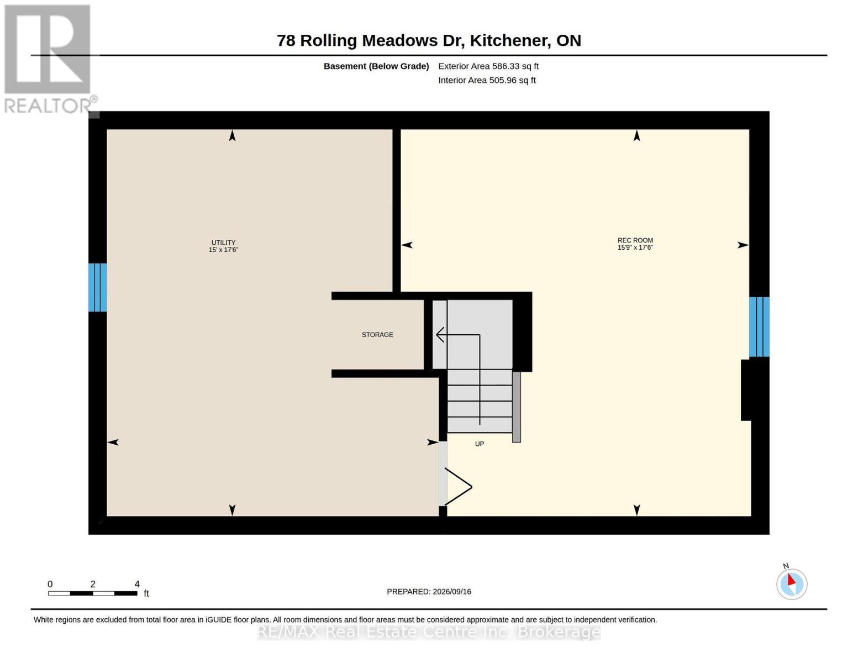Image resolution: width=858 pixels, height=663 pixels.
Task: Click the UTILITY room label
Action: point(223,243)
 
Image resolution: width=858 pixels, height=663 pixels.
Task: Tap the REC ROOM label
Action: point(635,240)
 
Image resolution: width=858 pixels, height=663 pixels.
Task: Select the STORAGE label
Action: point(377,334)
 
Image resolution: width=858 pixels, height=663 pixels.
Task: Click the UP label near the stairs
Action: point(480,444)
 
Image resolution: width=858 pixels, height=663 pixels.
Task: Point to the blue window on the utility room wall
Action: point(98,287)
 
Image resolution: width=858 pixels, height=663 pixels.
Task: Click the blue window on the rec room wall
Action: point(759,327)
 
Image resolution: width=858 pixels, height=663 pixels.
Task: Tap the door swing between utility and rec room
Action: point(458,487)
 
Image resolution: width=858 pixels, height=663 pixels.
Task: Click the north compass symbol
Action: point(791,584)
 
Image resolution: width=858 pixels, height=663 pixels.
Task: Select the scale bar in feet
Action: point(93,593)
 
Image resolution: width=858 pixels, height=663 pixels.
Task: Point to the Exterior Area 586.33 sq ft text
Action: point(488,66)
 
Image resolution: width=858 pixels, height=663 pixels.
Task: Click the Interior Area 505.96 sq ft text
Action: point(487,80)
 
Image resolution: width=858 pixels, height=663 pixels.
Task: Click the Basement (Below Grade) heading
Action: point(376,66)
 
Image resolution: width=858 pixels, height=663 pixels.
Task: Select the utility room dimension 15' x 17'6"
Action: point(223,250)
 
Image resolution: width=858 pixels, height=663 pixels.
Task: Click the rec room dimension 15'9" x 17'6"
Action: point(635,247)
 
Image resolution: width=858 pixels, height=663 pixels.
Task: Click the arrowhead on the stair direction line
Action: point(440,335)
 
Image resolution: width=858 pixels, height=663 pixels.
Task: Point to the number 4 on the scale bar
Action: point(137,584)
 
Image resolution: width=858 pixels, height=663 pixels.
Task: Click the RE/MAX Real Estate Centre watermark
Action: point(429,632)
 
